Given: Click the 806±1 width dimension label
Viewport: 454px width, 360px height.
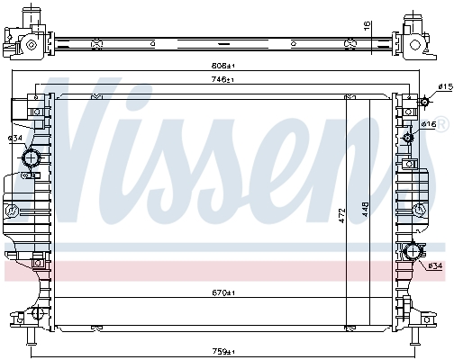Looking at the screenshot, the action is coord(222,66).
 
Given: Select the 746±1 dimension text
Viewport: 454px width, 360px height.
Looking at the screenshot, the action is coord(222,79).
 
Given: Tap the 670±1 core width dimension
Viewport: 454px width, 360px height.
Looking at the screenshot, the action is coord(222,292).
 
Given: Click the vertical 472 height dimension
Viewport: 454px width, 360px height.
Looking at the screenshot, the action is coord(342,216).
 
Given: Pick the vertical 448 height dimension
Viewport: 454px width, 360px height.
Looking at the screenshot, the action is coord(366,209).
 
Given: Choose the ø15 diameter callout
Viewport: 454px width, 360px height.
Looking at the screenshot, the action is coord(445,87).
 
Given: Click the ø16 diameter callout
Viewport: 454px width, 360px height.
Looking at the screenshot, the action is coord(429,124).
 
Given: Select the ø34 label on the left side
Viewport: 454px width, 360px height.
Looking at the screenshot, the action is coord(15,139).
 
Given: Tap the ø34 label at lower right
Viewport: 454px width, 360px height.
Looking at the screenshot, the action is coord(435,265).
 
